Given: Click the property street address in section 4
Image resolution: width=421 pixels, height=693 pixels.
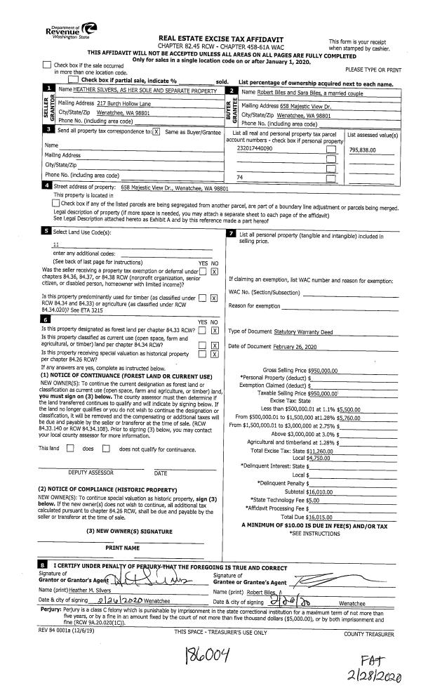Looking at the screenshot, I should coord(174,188).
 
